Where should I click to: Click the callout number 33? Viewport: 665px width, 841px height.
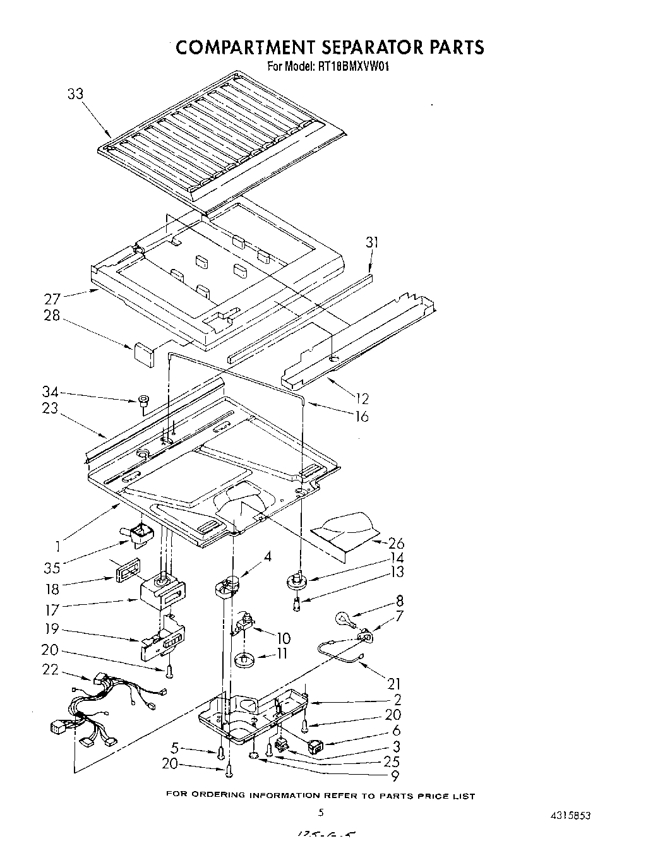(x=75, y=94)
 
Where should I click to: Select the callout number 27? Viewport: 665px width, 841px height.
(x=52, y=298)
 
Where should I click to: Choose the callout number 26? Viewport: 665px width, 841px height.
(x=397, y=543)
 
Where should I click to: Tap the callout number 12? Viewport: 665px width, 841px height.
(x=362, y=399)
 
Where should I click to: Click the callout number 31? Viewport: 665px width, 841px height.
(x=373, y=242)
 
